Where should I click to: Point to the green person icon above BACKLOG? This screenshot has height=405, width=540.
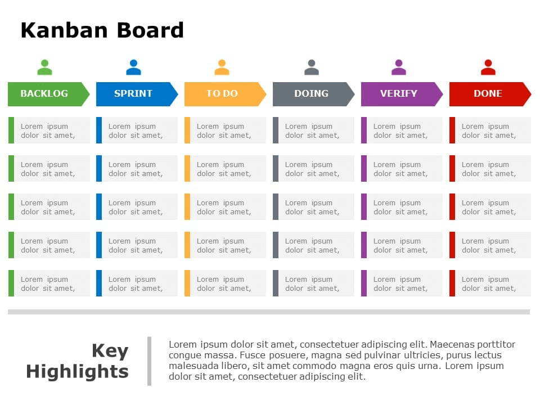[44, 67]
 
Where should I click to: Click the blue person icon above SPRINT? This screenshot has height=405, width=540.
[133, 67]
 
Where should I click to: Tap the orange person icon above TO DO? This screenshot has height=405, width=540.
[222, 67]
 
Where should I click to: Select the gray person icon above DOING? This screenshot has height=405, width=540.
[312, 67]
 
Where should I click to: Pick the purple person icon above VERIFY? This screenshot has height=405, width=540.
[399, 67]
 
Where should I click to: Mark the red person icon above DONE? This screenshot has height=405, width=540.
[488, 67]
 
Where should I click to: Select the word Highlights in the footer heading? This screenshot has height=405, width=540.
[78, 372]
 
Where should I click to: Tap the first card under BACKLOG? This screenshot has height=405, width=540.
[49, 130]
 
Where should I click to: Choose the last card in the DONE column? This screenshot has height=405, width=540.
[490, 283]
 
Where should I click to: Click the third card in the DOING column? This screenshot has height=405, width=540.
[313, 207]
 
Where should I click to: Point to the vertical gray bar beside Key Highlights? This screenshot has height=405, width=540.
[149, 361]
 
